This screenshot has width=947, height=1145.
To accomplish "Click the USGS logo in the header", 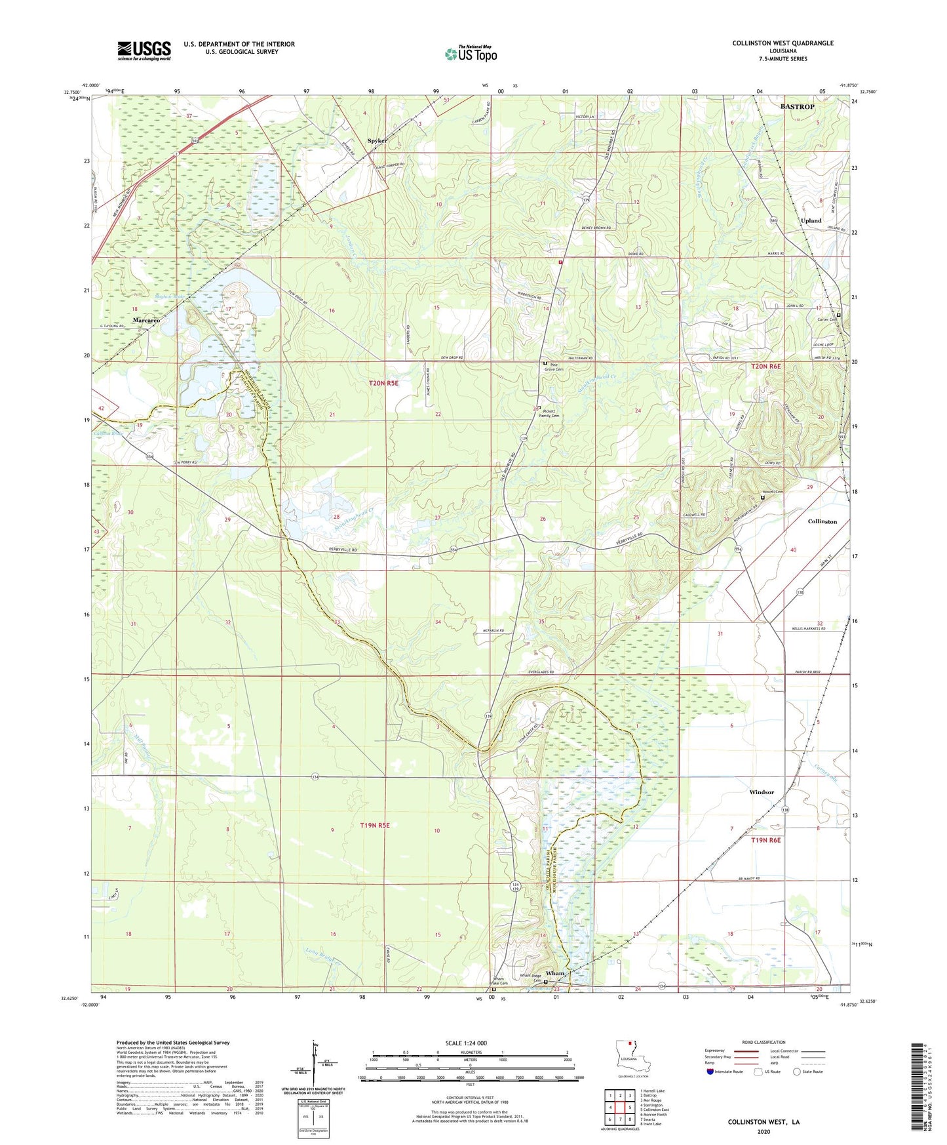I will click(x=144, y=50).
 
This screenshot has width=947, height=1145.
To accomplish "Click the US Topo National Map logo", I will click(x=471, y=54).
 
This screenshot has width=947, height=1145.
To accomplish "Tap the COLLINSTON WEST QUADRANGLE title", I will click(x=783, y=43).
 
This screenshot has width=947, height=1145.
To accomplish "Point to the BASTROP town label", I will click(x=797, y=106).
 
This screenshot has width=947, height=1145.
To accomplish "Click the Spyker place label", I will click(x=377, y=140).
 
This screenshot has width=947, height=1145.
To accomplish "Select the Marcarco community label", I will click(x=146, y=320).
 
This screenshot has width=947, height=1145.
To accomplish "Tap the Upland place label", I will click(x=811, y=221).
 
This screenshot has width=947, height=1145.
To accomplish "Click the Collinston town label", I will click(x=822, y=521).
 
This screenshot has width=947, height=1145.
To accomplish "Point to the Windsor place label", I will click(x=762, y=792).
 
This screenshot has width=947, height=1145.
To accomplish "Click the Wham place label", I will click(x=554, y=973).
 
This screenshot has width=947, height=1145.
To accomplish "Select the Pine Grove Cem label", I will click(x=556, y=367).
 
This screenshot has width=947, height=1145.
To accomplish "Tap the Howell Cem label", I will click(x=772, y=492).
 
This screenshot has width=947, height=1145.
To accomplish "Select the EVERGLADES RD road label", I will click(x=539, y=672).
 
